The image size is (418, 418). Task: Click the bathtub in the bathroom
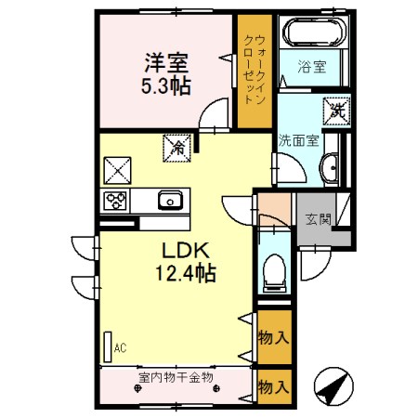click(312, 35)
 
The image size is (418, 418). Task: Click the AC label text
click(120, 348)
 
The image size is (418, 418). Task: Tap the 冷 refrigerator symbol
click(175, 145)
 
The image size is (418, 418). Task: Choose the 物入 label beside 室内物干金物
click(271, 384)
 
